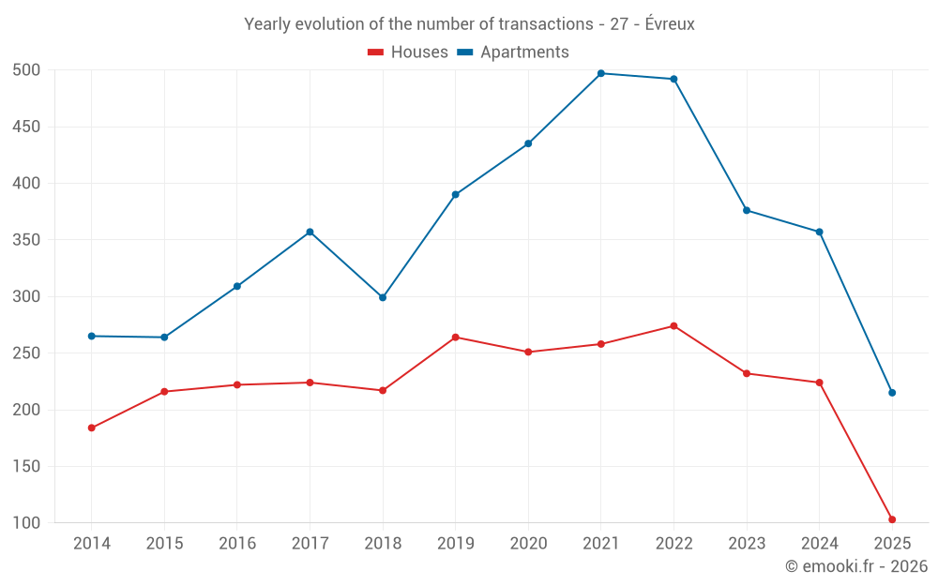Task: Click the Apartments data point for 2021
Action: [x=601, y=73]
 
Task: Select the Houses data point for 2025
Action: [x=892, y=519]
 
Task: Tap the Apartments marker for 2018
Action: [x=383, y=297]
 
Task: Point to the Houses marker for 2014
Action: [x=92, y=428]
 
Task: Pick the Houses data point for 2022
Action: [x=673, y=326]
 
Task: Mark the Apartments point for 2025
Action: [x=892, y=393]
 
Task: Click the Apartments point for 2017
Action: [x=310, y=232]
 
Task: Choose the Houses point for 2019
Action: [x=455, y=338]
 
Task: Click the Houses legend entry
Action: [x=408, y=53]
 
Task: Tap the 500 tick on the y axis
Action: [x=26, y=70]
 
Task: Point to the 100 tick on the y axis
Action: [x=26, y=523]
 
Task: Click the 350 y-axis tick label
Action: [x=26, y=240]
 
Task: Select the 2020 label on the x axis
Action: [x=528, y=544]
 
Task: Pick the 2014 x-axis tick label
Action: [x=92, y=544]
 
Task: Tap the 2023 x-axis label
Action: [x=747, y=544]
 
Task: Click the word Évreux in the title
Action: [x=670, y=24]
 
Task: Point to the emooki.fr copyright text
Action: [x=855, y=566]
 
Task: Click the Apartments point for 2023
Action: [x=747, y=210]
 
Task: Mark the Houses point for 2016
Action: [x=237, y=384]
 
